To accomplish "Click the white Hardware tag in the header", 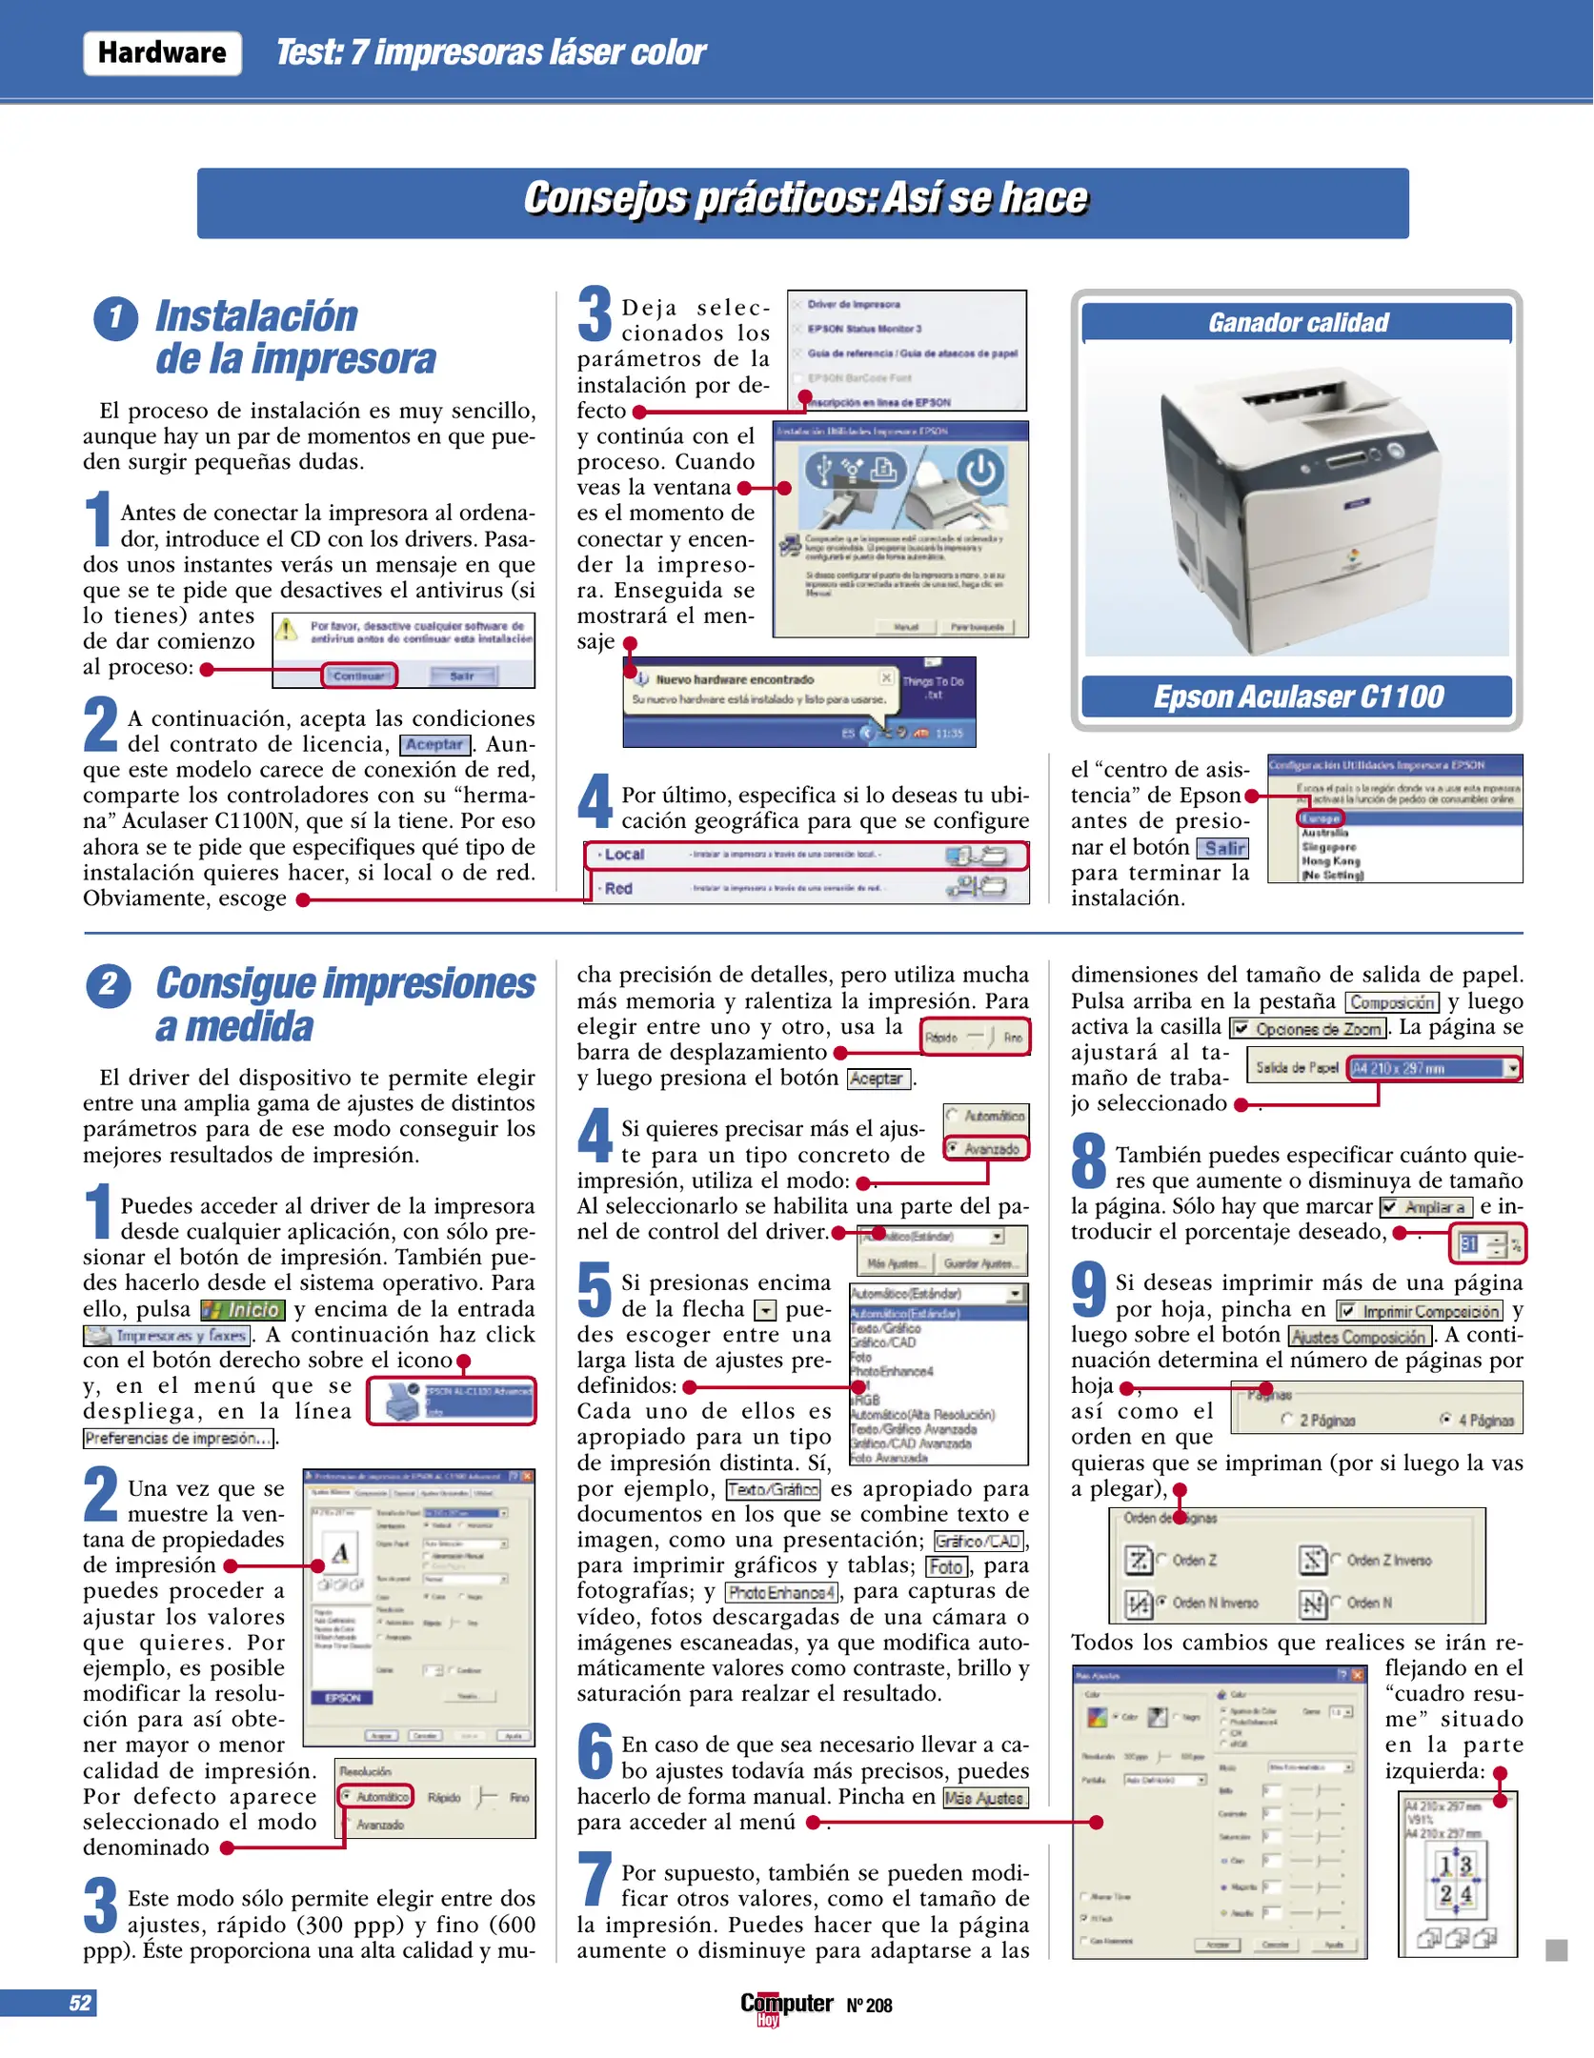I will point(162,52).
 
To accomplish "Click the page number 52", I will point(80,2003).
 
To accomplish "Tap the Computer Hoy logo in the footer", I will point(787,2006).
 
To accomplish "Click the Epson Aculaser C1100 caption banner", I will point(1297,696).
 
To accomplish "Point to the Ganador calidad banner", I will point(1297,323).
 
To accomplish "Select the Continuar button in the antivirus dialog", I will point(359,676).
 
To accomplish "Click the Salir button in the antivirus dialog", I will point(462,676).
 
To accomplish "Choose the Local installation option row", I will point(805,855).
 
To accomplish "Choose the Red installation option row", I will point(805,888).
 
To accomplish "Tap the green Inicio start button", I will point(243,1310).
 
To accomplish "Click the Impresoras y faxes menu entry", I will point(168,1336).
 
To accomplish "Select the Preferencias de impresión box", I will point(178,1438).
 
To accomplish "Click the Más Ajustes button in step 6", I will point(985,1798).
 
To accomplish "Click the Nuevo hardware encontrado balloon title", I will point(734,679).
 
